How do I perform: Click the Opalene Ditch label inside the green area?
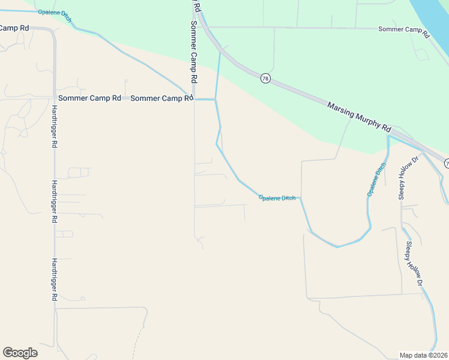point(55,16)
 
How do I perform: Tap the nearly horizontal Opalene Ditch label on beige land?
point(277,197)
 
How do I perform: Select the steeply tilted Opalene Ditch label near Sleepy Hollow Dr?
point(376,179)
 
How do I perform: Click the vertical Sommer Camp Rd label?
point(194,52)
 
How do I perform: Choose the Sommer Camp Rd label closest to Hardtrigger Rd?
point(89,98)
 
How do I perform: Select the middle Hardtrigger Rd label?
point(54,202)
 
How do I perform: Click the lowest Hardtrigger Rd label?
point(54,280)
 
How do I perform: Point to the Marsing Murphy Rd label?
point(359,117)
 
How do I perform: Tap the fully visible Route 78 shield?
point(265,78)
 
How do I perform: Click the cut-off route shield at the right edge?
point(447,163)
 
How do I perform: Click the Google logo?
point(20,352)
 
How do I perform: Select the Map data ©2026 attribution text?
point(424,355)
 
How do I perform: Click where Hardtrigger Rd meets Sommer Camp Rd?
point(54,98)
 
